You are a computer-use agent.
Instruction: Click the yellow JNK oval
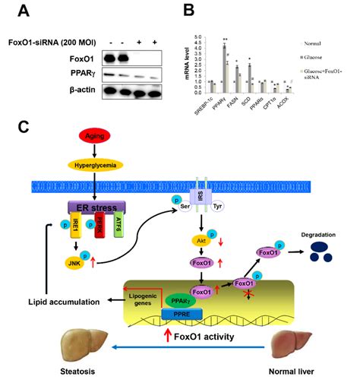(x=74, y=262)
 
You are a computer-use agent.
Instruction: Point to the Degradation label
(x=318, y=236)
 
